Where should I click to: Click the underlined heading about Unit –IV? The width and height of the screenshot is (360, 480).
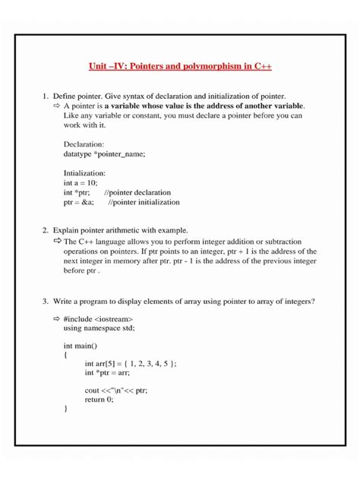[x=180, y=67]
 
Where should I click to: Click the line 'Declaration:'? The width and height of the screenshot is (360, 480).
[x=84, y=143]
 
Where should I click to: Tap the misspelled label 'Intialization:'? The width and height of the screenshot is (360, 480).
[x=85, y=172]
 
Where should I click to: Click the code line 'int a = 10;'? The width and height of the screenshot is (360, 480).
[x=81, y=183]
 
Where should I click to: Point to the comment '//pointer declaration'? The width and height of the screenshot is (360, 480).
[x=137, y=193]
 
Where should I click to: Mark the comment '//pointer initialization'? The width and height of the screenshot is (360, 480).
[x=144, y=203]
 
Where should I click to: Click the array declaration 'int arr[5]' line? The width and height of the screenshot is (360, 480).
[x=130, y=364]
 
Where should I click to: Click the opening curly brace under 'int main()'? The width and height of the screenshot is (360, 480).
[x=66, y=355]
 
